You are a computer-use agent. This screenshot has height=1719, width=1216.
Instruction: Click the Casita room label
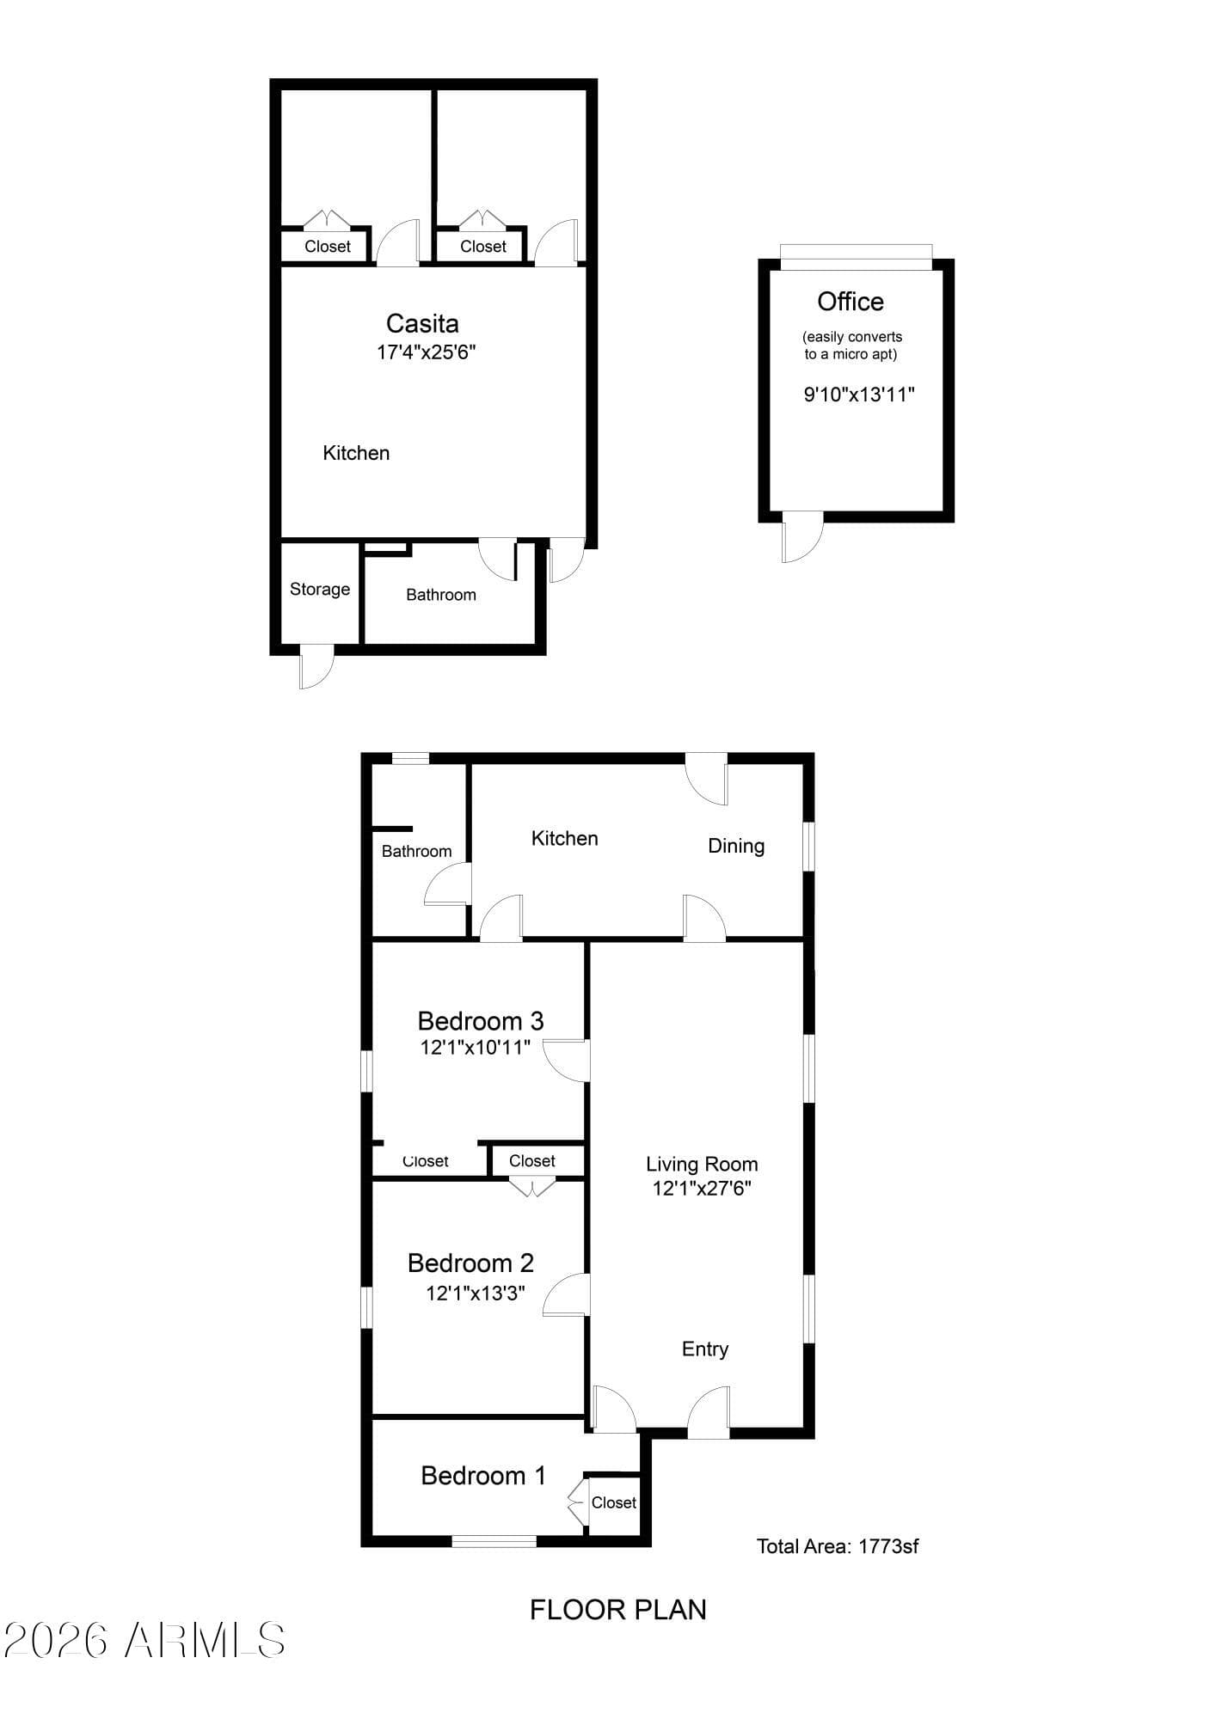(x=422, y=324)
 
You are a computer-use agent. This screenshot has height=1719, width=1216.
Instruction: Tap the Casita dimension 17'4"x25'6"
(x=426, y=352)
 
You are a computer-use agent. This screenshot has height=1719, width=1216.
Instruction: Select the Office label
(x=851, y=302)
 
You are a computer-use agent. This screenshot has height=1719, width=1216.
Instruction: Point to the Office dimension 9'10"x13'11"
(x=859, y=395)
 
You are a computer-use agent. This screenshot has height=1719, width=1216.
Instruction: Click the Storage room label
(x=320, y=590)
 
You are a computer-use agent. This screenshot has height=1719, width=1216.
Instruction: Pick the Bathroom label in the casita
(x=441, y=595)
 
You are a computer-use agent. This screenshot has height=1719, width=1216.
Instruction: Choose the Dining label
(x=736, y=847)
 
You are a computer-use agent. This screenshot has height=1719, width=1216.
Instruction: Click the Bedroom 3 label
(x=481, y=1021)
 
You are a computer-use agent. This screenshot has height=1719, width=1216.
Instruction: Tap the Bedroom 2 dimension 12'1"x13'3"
(x=476, y=1294)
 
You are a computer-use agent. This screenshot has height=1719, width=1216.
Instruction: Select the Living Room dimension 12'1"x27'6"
(x=703, y=1189)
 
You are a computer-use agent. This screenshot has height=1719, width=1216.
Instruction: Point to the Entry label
(x=705, y=1349)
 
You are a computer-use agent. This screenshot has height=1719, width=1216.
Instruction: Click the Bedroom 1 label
(x=483, y=1476)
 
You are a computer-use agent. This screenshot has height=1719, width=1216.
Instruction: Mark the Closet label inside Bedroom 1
(x=614, y=1502)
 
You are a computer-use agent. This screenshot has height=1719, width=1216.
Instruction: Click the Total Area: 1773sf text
(x=838, y=1546)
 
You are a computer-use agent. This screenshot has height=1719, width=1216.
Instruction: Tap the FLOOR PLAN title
(x=618, y=1610)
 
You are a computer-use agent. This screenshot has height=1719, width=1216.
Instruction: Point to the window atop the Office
(x=856, y=257)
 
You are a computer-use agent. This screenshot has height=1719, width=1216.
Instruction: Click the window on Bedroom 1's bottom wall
(x=494, y=1541)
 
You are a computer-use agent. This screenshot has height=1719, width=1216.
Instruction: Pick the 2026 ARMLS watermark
(x=144, y=1640)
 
